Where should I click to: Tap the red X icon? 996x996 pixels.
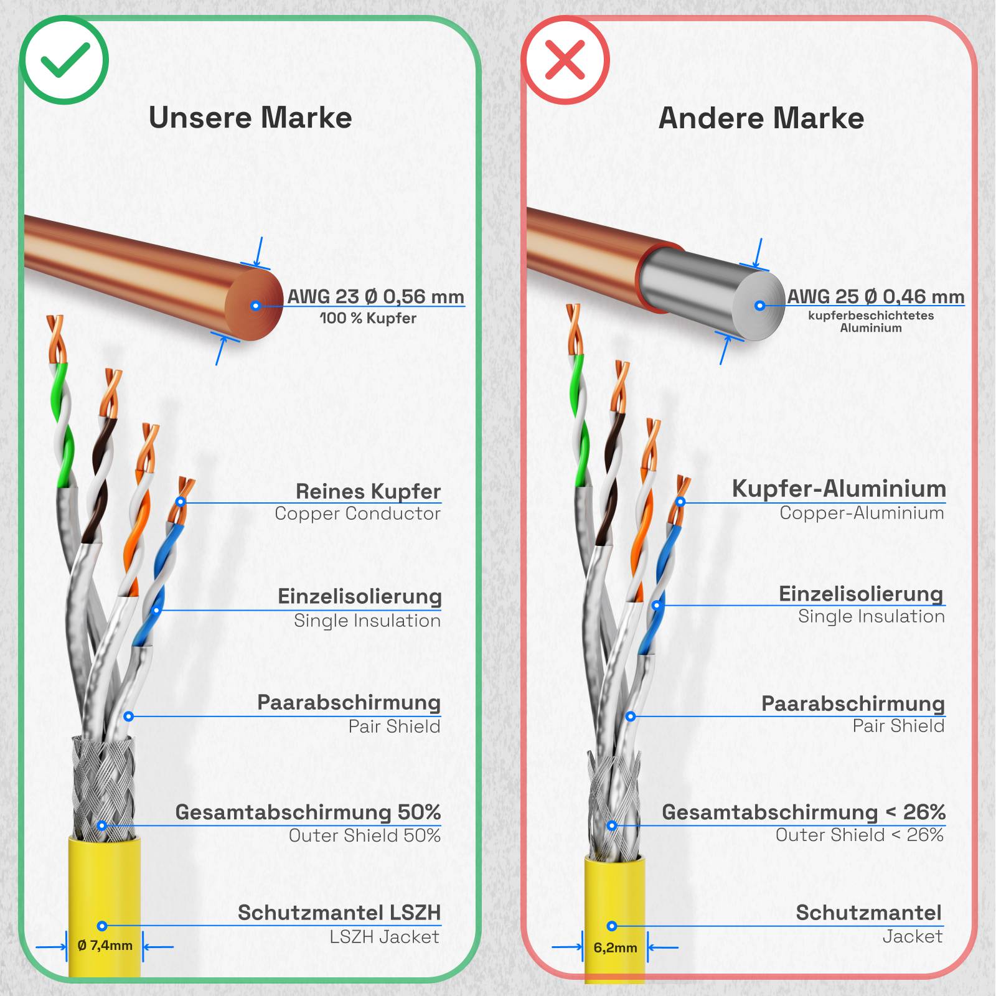[x=565, y=60]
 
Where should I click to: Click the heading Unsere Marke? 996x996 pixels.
[x=250, y=118]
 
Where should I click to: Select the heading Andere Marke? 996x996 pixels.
[x=761, y=118]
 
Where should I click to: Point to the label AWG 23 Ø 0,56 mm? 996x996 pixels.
[x=375, y=296]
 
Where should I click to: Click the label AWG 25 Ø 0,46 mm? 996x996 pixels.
[x=875, y=296]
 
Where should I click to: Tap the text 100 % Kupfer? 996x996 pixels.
[x=368, y=318]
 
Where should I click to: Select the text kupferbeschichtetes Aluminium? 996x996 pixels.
[x=871, y=321]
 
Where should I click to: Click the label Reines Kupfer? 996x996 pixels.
[x=368, y=491]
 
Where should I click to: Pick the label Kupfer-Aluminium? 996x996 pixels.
[x=839, y=489]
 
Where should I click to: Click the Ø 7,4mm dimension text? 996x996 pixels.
[x=105, y=946]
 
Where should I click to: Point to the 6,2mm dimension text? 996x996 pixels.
[x=615, y=947]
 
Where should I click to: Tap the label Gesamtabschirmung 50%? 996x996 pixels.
[x=308, y=812]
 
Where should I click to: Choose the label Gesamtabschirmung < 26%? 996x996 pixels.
[x=803, y=812]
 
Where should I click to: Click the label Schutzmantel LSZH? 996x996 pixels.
[x=339, y=913]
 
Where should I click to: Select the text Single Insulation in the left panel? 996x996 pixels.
[x=367, y=621]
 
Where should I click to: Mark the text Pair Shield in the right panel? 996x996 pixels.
[x=898, y=726]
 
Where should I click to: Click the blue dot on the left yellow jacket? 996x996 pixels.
[x=102, y=926]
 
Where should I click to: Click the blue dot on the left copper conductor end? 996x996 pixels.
[x=255, y=306]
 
